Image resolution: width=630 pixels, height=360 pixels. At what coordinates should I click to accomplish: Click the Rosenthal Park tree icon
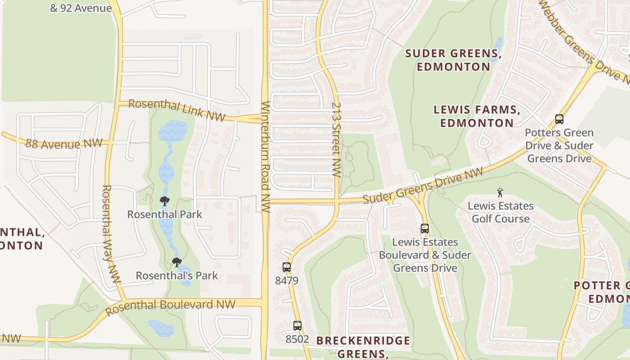(165, 201)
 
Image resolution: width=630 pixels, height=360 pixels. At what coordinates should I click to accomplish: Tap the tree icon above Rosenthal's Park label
(177, 262)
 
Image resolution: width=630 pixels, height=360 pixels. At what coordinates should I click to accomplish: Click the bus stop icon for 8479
(287, 267)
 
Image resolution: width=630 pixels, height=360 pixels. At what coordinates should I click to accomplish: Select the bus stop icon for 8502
(297, 325)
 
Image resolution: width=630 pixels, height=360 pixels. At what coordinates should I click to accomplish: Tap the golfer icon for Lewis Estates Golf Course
(500, 193)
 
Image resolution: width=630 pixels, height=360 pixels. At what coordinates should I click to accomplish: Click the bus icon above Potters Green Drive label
(559, 119)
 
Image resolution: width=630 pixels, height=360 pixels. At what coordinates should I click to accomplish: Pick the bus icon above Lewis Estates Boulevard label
(424, 229)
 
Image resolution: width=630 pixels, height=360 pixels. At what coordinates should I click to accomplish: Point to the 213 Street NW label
(336, 139)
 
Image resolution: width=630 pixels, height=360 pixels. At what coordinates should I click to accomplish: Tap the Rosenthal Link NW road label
(176, 110)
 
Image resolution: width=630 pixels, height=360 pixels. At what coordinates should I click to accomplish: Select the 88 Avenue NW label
(58, 144)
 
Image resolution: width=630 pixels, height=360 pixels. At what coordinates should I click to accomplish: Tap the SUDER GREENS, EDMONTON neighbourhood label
(453, 60)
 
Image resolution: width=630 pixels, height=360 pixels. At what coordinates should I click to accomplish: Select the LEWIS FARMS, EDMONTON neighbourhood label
(477, 116)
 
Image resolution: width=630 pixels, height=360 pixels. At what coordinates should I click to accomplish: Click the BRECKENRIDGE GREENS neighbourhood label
(363, 346)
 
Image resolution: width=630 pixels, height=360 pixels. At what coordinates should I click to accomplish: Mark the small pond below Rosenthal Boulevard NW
(161, 328)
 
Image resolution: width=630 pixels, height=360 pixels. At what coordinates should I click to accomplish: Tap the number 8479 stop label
(287, 281)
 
